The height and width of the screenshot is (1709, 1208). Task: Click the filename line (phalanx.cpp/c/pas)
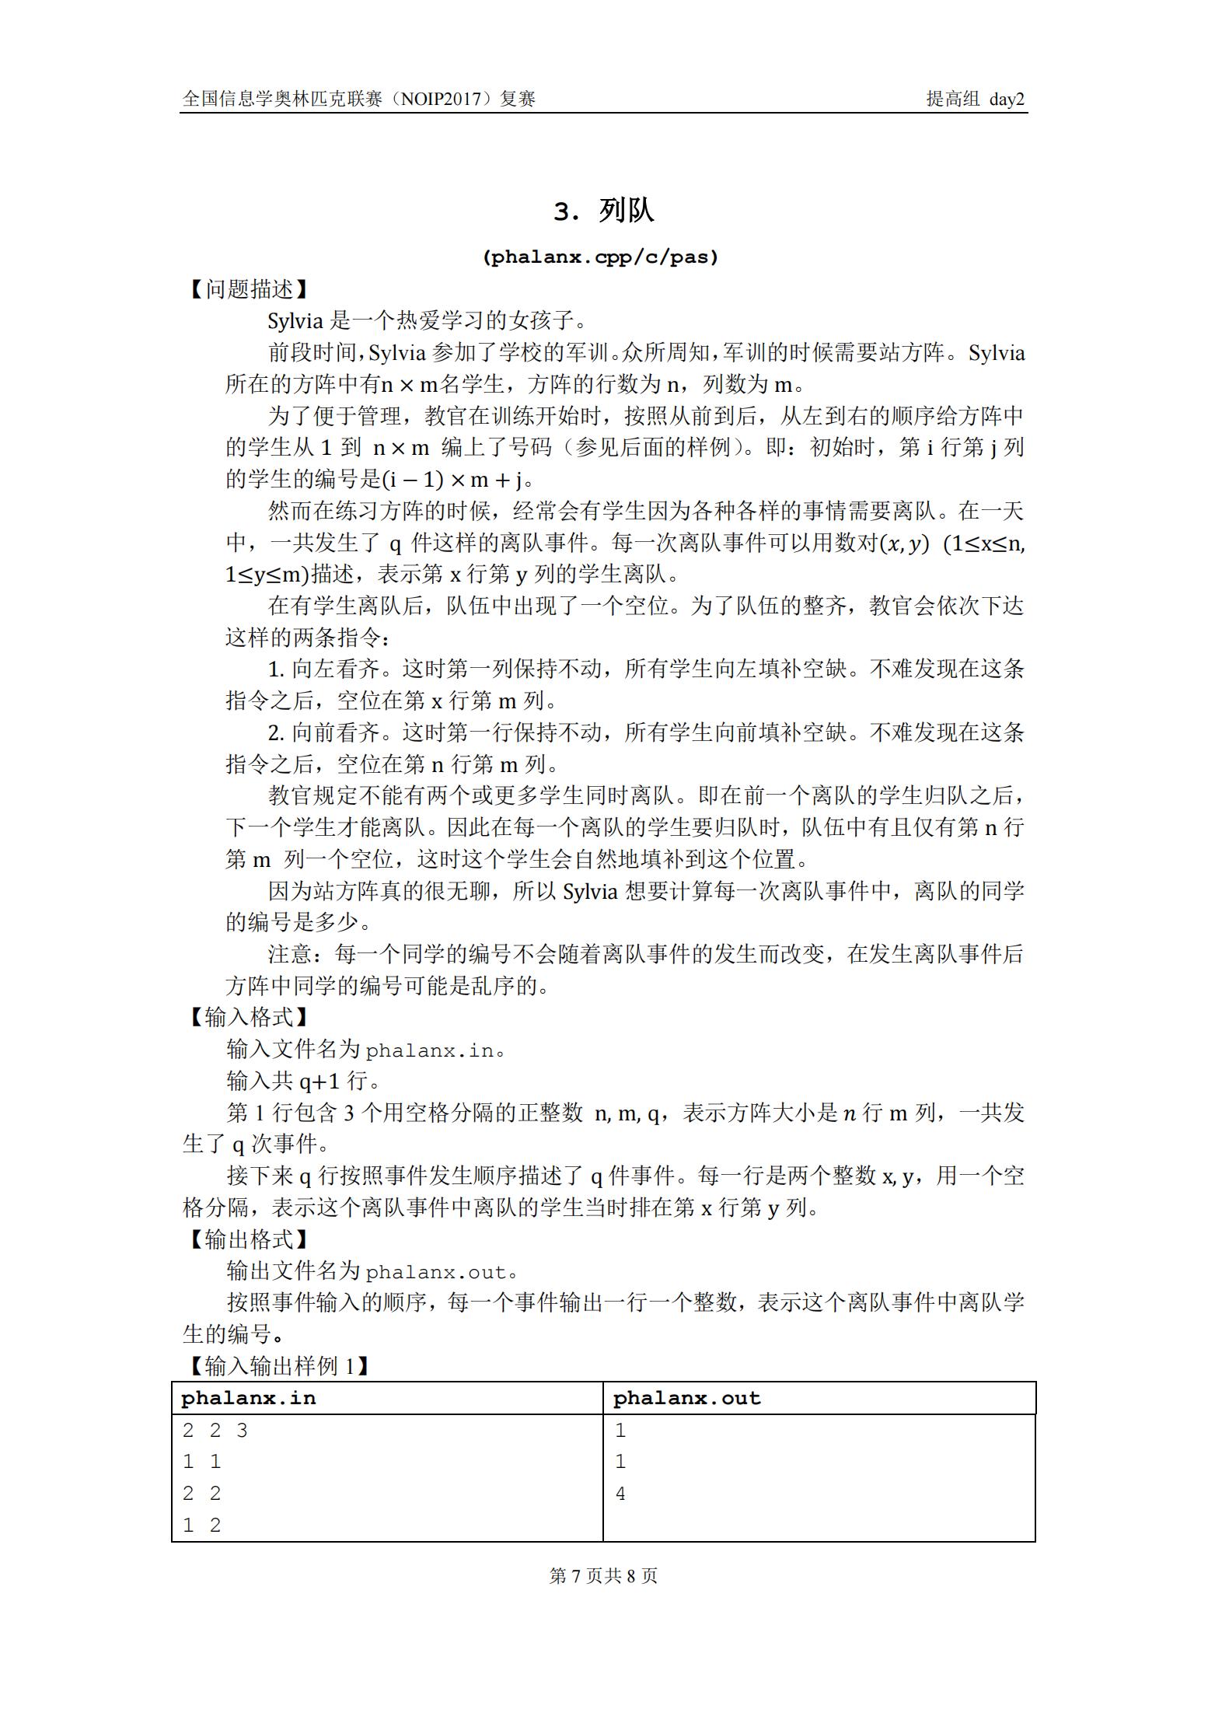600,257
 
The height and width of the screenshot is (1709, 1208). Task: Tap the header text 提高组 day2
975,99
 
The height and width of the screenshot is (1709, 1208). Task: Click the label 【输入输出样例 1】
278,1366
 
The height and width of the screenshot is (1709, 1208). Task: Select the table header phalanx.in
249,1399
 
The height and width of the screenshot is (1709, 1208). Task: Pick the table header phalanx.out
686,1399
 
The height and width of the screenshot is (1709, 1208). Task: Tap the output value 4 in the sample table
620,1494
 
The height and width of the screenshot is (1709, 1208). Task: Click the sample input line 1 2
202,1526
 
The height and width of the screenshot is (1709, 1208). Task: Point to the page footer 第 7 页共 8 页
603,1576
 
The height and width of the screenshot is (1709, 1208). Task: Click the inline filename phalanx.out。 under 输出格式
441,1272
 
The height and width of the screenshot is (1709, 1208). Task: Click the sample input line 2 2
202,1494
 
